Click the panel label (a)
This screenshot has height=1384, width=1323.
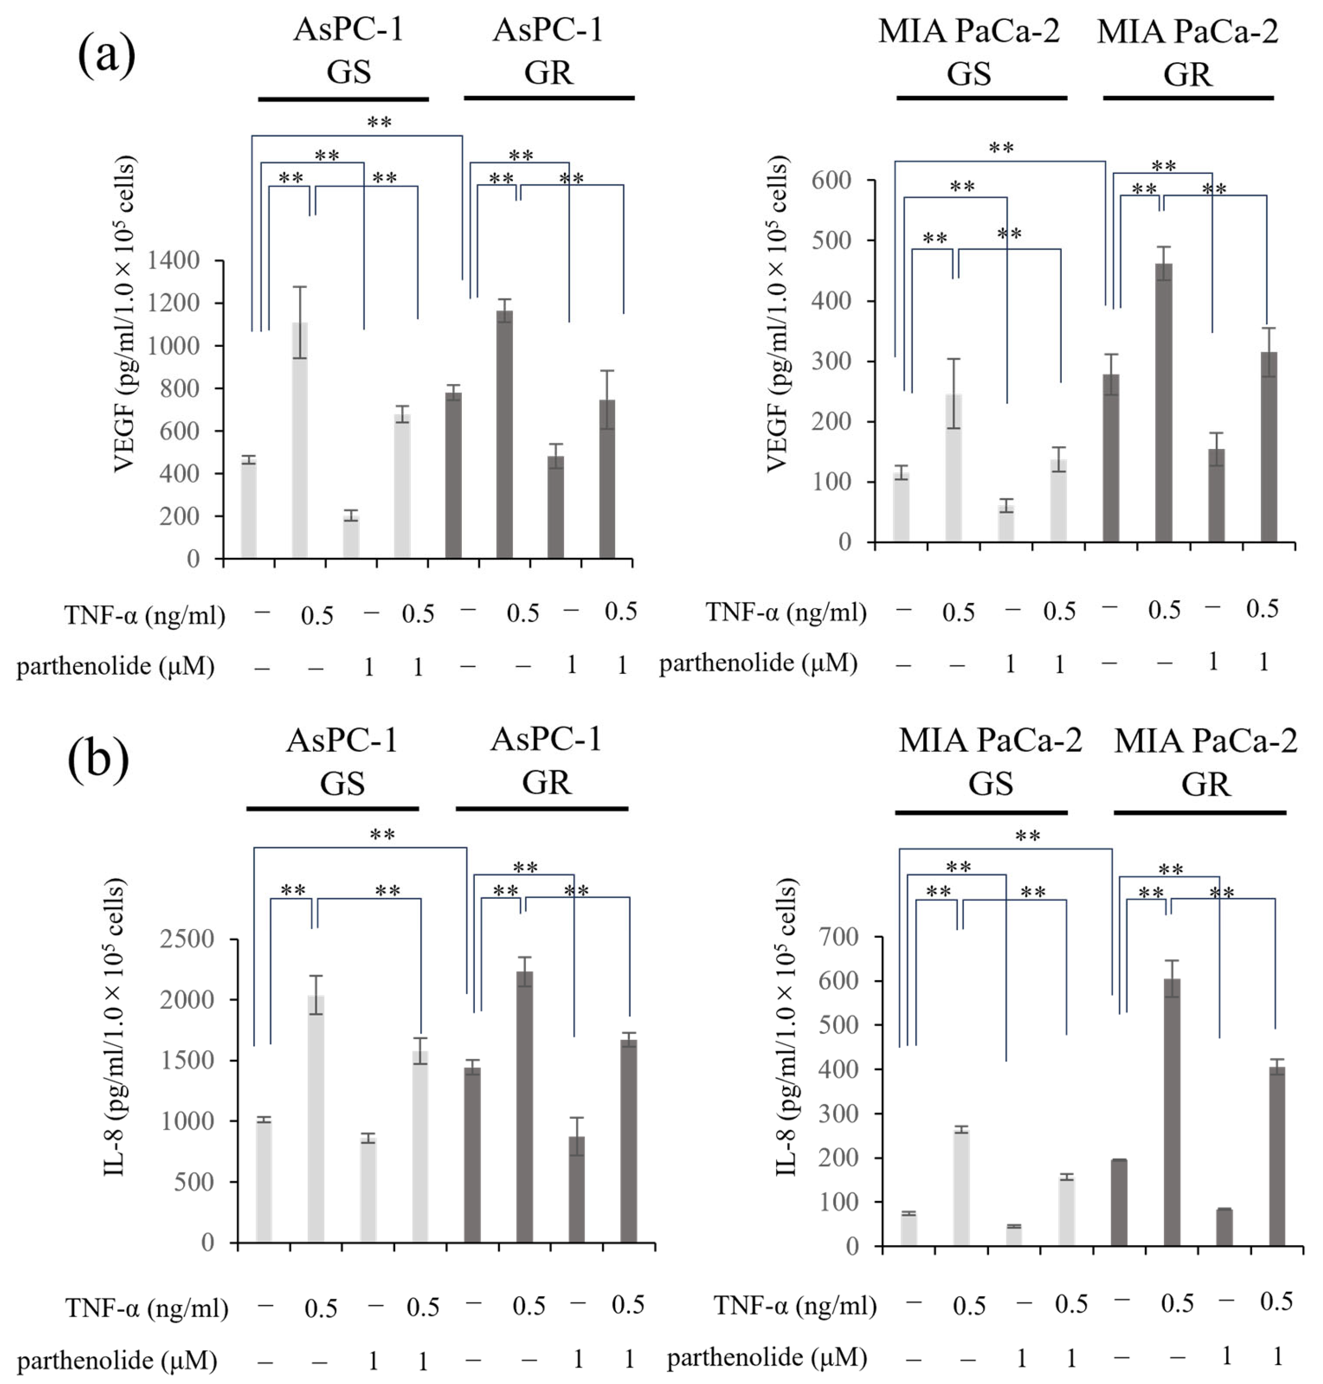coord(106,55)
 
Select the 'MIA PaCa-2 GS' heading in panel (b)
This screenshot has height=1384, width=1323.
coord(989,761)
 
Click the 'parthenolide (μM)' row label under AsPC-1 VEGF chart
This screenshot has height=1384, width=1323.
coord(115,666)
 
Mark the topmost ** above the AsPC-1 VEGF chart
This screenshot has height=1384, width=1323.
coord(380,123)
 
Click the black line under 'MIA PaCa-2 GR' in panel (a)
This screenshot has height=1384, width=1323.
coord(1188,98)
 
